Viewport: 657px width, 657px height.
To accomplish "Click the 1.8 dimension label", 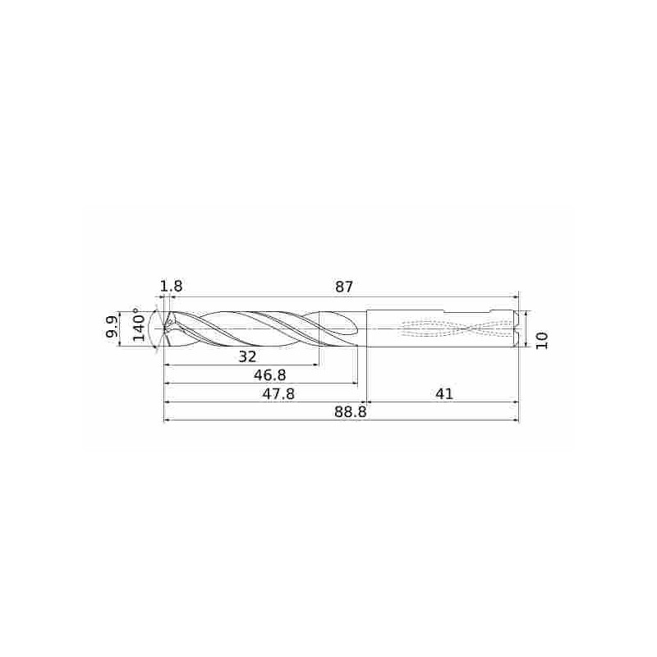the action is [172, 287].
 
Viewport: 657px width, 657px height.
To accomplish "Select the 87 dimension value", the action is [344, 287].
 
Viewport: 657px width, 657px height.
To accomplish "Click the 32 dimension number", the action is [247, 356].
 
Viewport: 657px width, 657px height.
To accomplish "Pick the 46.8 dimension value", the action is [270, 375].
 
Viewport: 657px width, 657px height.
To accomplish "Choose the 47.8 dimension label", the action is [278, 394].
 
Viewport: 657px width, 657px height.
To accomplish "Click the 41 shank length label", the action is [444, 394].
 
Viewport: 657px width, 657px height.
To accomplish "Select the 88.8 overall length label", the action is [351, 412].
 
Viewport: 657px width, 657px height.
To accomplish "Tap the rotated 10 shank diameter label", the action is [542, 340].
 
